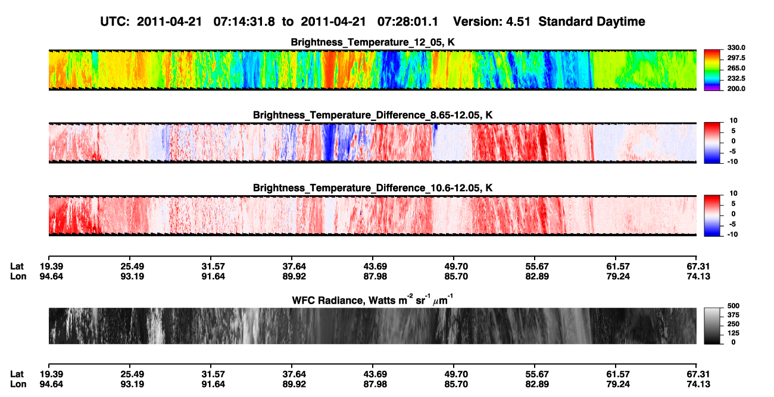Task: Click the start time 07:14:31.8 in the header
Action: tap(244, 22)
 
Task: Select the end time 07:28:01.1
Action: tap(408, 22)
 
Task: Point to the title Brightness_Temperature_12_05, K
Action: tap(373, 42)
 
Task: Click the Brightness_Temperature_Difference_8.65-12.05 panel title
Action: tap(373, 115)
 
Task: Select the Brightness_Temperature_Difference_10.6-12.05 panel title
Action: tap(373, 188)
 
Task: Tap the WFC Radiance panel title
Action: tap(373, 300)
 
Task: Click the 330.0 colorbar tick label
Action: tap(736, 48)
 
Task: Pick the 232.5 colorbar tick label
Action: tap(736, 79)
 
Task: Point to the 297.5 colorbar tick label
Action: tap(736, 58)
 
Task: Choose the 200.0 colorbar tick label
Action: tap(736, 89)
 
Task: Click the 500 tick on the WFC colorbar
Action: tap(734, 306)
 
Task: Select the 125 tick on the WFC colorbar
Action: tap(734, 333)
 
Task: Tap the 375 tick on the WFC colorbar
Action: tap(734, 315)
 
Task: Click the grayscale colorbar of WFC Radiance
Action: tap(712, 326)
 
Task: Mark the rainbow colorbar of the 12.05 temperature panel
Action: tap(712, 70)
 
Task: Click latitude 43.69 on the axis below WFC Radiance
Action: tap(375, 374)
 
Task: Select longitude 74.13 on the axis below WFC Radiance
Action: tap(698, 385)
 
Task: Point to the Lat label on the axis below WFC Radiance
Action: tap(17, 374)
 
